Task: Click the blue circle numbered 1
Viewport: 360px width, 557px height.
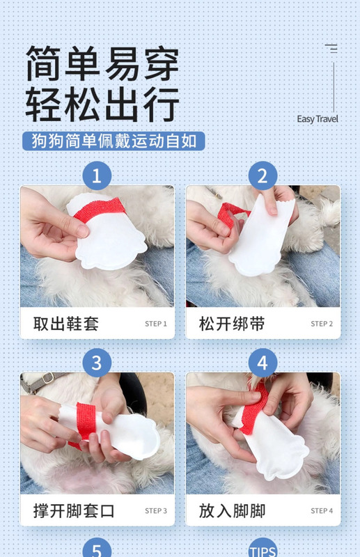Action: coord(97,176)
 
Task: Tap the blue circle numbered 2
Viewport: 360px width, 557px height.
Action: coord(263,176)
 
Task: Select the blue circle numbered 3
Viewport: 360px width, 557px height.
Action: coord(97,363)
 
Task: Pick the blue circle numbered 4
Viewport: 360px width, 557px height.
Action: coord(263,363)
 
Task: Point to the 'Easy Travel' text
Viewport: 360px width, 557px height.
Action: coord(318,119)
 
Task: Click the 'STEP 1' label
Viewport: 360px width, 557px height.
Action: coord(156,324)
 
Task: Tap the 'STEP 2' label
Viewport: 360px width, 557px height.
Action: coord(322,324)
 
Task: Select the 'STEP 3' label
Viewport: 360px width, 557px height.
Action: coord(156,510)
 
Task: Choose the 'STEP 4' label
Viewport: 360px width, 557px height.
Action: coord(322,510)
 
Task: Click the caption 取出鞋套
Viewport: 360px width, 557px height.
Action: coord(66,324)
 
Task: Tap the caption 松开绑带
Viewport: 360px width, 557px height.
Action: coord(232,324)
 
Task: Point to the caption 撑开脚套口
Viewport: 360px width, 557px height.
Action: coord(74,511)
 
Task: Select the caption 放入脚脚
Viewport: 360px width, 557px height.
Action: coord(232,511)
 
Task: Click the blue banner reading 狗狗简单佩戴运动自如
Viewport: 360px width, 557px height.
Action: coord(114,141)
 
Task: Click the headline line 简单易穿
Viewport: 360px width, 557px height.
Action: coord(102,63)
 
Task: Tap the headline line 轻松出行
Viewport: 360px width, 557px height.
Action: coord(102,104)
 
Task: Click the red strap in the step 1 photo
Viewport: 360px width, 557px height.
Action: coord(100,210)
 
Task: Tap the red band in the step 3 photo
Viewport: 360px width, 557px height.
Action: coord(84,423)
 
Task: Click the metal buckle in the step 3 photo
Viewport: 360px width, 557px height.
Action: coord(47,378)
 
